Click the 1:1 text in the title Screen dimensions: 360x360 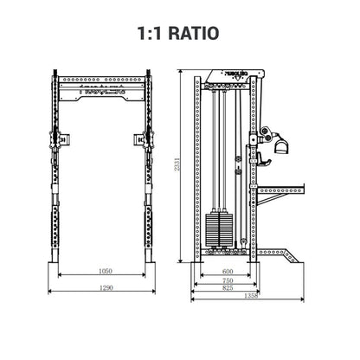[x=151, y=34]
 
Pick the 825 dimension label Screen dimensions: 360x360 [x=228, y=289]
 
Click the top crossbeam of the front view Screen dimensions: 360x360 [x=103, y=89]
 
